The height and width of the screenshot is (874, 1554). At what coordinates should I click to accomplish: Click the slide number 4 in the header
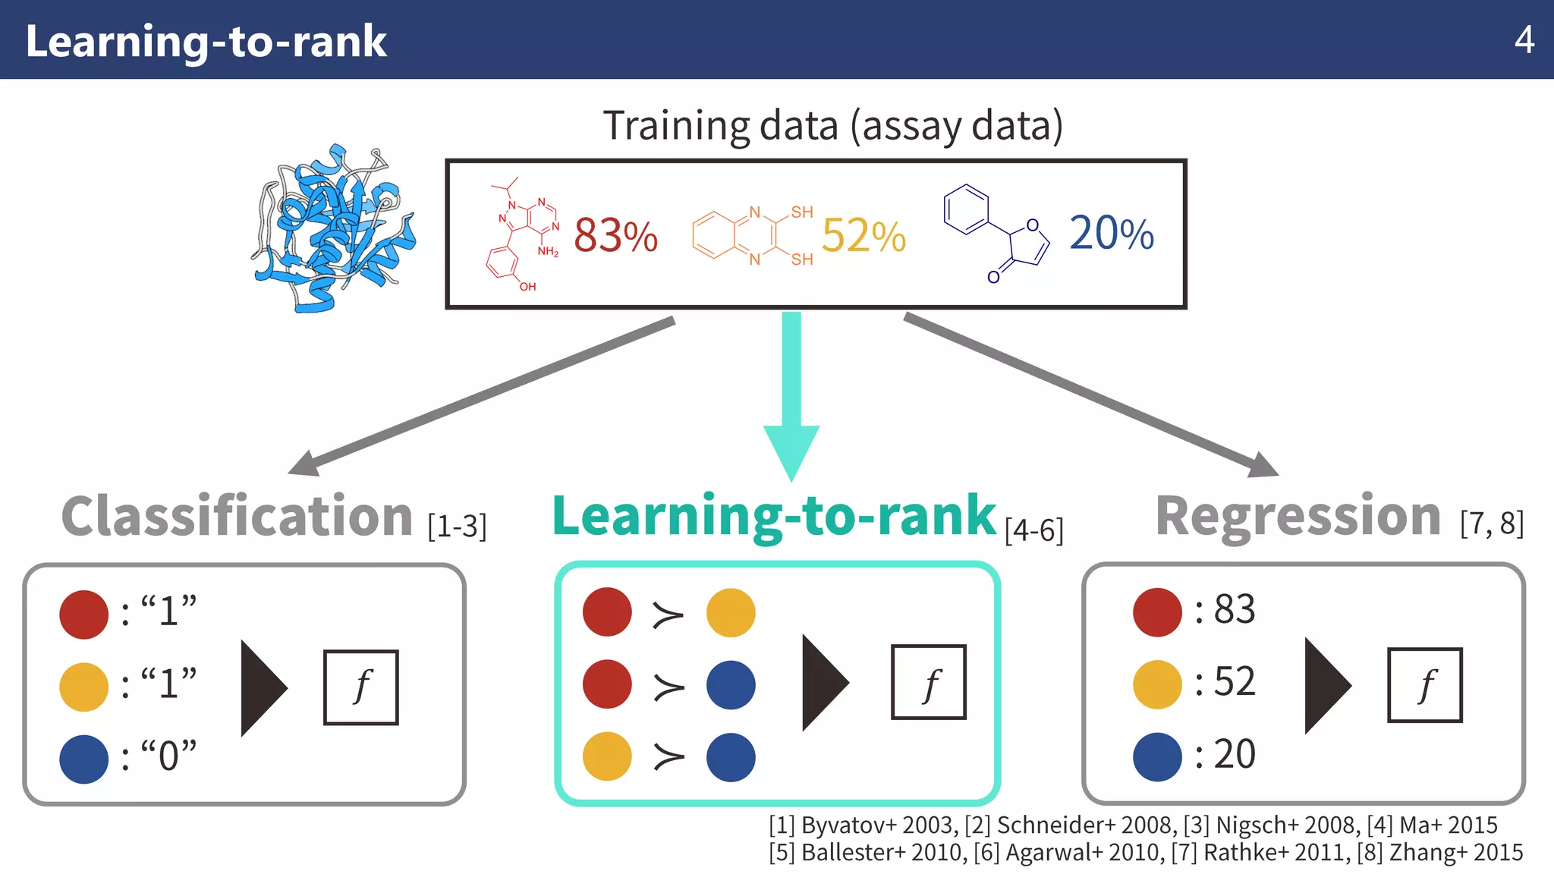[1524, 39]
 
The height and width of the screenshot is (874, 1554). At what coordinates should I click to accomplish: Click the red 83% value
[615, 235]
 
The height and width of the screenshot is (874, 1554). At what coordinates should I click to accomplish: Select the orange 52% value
[864, 235]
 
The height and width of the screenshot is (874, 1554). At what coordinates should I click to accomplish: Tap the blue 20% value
[1111, 233]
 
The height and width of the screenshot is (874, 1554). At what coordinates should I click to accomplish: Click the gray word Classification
[237, 517]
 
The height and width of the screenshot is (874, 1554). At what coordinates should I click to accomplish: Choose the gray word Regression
[1298, 517]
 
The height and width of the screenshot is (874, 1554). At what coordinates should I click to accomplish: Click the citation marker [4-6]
[1033, 530]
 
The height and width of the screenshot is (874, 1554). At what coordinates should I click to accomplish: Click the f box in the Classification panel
[361, 687]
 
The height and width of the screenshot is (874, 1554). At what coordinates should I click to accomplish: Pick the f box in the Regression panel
[1424, 685]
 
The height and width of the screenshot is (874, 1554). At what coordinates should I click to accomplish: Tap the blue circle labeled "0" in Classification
[84, 759]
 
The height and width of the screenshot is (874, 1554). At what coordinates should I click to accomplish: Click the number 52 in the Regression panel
[1234, 681]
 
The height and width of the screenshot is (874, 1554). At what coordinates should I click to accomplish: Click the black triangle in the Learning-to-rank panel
[824, 684]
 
